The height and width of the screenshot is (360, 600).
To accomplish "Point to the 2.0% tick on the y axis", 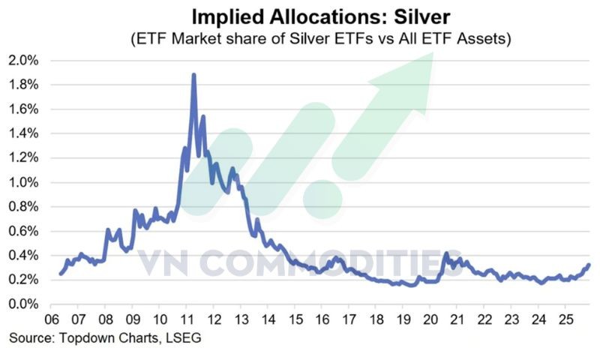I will [25, 60].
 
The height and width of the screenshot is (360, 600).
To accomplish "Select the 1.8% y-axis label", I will [25, 85].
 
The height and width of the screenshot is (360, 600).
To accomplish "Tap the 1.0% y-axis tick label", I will [25, 182].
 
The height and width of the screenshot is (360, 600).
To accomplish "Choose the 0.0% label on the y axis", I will [25, 304].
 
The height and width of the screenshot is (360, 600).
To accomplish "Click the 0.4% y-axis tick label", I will [25, 256].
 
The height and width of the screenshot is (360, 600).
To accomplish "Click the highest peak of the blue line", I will [194, 75].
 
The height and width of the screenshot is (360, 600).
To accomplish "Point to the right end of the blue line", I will [589, 264].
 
